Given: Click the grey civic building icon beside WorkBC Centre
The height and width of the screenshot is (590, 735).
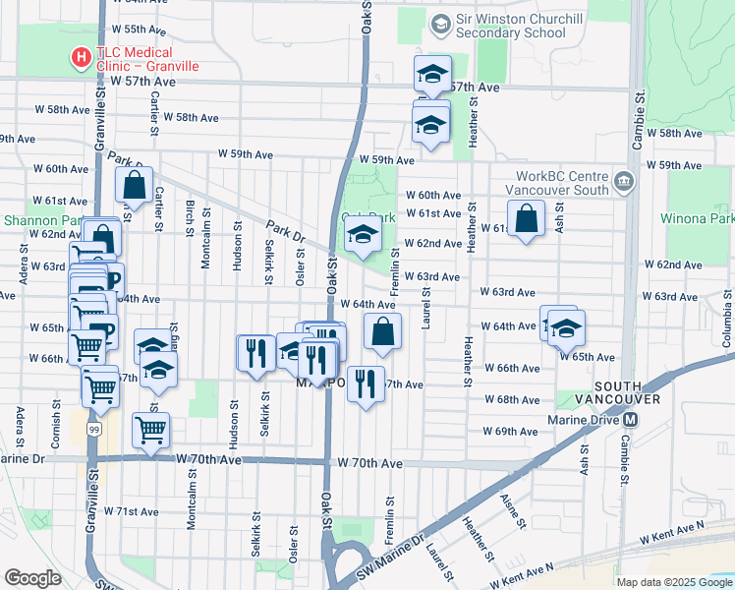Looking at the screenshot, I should (623, 182).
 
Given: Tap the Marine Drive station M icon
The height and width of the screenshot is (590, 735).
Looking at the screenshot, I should (631, 418).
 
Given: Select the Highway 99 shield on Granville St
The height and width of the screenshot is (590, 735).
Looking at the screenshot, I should (91, 429).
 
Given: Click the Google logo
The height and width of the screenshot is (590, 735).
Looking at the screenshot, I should (32, 578).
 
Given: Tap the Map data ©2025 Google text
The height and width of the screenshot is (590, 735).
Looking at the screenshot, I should (673, 582).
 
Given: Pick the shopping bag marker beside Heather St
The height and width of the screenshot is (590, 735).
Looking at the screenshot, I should (527, 219).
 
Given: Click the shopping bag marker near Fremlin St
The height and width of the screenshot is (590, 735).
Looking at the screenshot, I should (382, 332).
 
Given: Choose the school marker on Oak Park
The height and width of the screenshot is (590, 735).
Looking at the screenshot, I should (363, 237).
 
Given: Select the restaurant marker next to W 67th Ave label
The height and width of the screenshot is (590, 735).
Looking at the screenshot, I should (366, 384).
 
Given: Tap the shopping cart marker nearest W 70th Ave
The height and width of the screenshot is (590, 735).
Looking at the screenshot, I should (150, 430).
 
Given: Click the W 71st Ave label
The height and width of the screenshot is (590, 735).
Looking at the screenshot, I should (132, 511).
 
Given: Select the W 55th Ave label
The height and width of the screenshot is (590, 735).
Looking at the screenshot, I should (139, 29).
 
